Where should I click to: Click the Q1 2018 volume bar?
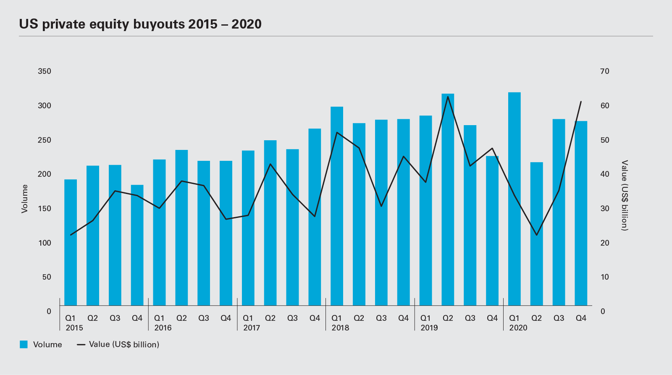pyautogui.click(x=337, y=206)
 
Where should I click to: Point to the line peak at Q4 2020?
pyautogui.click(x=581, y=102)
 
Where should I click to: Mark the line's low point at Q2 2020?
pyautogui.click(x=536, y=235)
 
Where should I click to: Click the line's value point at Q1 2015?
pyautogui.click(x=71, y=235)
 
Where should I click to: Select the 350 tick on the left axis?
pyautogui.click(x=45, y=71)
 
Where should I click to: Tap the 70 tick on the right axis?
pyautogui.click(x=604, y=71)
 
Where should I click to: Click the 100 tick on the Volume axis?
pyautogui.click(x=45, y=243)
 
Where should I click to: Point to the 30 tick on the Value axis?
pyautogui.click(x=604, y=209)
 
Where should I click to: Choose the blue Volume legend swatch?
pyautogui.click(x=24, y=344)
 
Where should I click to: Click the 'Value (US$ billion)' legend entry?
pyautogui.click(x=124, y=344)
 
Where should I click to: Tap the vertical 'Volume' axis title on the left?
pyautogui.click(x=24, y=199)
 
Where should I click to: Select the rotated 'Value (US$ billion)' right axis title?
pyautogui.click(x=625, y=195)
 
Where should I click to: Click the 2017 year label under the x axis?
pyautogui.click(x=252, y=328)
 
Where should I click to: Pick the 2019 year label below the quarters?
pyautogui.click(x=429, y=328)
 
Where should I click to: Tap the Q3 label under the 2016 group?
pyautogui.click(x=204, y=318)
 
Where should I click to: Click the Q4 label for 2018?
pyautogui.click(x=403, y=318)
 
